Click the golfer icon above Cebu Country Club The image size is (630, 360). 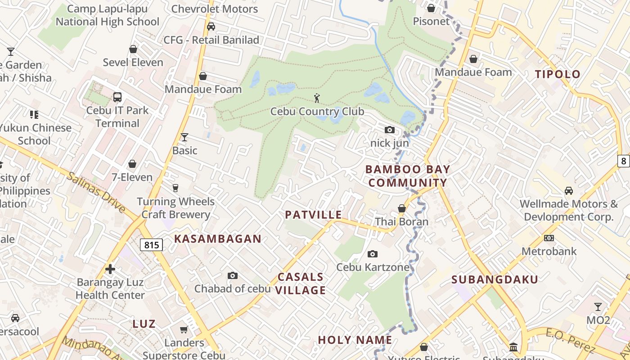click(317, 98)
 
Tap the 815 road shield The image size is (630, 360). click(151, 245)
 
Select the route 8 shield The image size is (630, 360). click(623, 161)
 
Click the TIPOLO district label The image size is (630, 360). click(558, 74)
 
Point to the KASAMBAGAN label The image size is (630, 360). click(218, 239)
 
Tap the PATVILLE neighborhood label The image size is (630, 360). click(314, 215)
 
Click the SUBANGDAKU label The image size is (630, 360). click(495, 279)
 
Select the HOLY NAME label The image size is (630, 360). click(355, 340)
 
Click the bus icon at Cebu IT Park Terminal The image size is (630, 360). click(117, 97)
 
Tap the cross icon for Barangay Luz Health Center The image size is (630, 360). click(110, 269)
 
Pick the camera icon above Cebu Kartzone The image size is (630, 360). click(372, 254)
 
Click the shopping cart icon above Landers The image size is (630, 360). click(184, 330)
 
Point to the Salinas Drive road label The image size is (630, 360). click(96, 191)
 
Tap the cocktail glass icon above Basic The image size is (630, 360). click(184, 137)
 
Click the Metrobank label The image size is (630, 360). click(549, 251)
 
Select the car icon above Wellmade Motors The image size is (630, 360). click(569, 191)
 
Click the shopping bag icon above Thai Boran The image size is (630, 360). click(402, 208)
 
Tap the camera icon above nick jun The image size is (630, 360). click(390, 130)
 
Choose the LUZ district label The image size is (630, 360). click(144, 324)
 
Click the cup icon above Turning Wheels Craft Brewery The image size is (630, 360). click(175, 188)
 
